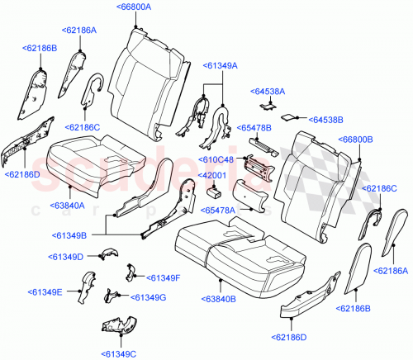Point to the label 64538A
tap(268, 92)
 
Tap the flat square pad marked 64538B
tap(291, 117)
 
